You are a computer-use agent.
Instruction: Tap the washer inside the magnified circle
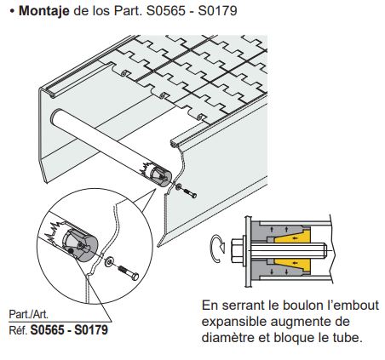coord(107,259)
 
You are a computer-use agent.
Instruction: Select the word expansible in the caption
coord(236,321)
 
